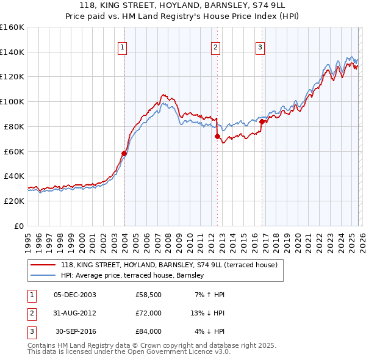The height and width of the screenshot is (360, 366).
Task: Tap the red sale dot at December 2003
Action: (124, 153)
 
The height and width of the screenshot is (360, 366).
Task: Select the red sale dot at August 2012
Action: (217, 137)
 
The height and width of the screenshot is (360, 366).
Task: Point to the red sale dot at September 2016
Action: (262, 121)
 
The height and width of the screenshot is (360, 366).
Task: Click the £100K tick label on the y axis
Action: (12, 101)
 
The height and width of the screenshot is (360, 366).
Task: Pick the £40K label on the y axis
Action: (13, 176)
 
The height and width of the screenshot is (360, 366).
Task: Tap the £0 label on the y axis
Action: (18, 226)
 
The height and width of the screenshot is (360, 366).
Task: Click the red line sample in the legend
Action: (44, 265)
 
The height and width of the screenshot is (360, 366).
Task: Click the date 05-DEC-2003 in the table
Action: (75, 295)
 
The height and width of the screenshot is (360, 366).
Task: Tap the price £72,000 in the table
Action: (148, 313)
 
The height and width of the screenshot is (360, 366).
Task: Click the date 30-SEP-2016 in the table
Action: (75, 331)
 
